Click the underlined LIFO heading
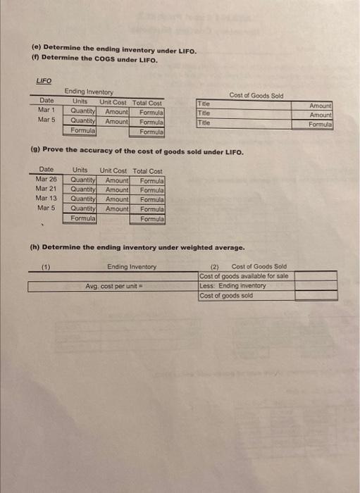click(x=44, y=82)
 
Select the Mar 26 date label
click(x=46, y=180)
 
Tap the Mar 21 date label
click(x=46, y=189)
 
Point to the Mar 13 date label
click(x=46, y=199)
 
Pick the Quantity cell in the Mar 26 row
click(x=83, y=180)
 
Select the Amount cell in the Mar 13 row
click(x=117, y=199)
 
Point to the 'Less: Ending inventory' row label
click(x=233, y=286)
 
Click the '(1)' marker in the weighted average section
click(x=46, y=267)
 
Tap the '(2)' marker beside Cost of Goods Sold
click(x=216, y=267)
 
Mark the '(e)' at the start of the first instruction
click(x=35, y=51)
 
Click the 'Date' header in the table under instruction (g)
click(x=46, y=170)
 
